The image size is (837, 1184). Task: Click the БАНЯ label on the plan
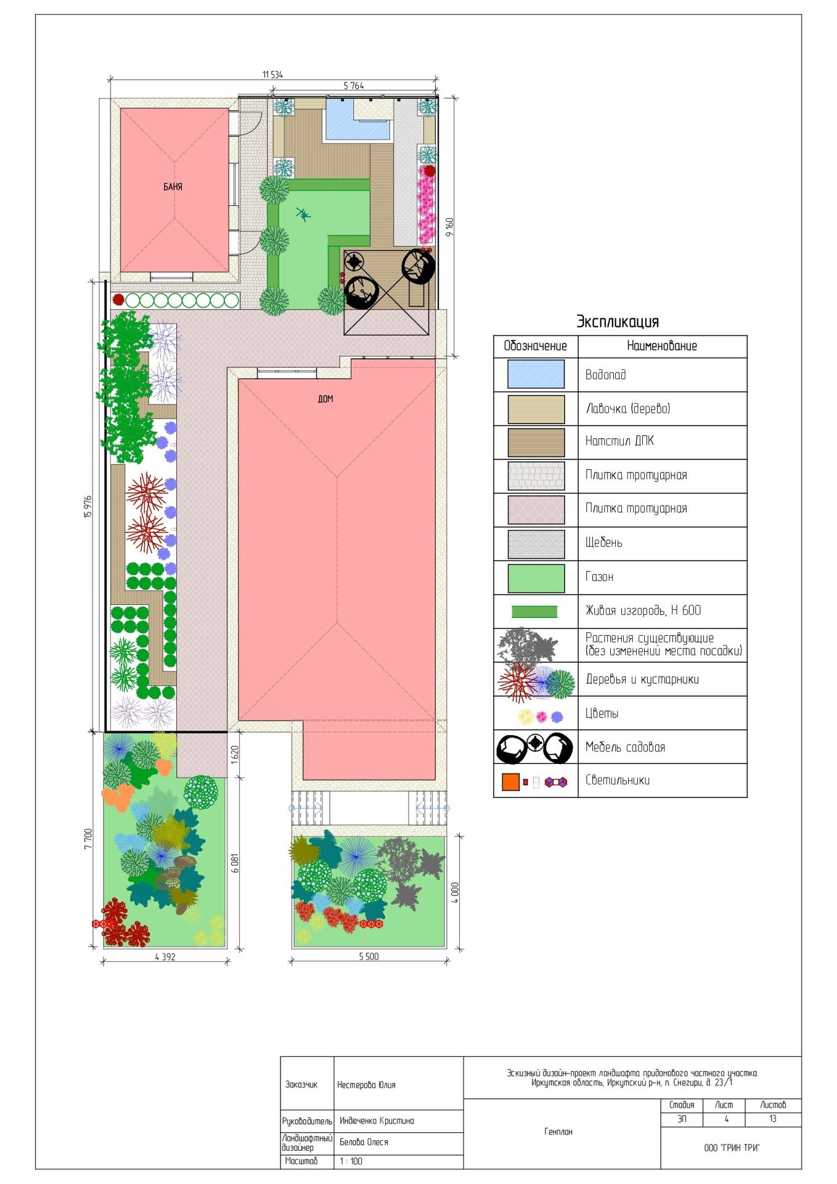173,187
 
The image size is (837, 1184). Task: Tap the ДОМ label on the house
325,399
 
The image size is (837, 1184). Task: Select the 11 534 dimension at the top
272,75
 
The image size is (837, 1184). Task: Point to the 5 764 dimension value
354,86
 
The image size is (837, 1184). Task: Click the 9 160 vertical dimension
450,227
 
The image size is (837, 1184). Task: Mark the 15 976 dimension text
88,507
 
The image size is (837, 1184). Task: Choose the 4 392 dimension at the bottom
165,957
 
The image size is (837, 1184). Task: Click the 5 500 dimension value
369,956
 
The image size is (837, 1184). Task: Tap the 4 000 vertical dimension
455,892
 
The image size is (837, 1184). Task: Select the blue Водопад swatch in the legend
536,374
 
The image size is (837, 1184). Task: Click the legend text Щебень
603,543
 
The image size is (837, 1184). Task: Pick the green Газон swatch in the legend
536,578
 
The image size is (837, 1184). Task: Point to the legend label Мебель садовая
625,747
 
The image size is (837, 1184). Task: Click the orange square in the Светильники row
510,782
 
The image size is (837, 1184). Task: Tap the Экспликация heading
618,321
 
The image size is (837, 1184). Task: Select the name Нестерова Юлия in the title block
366,1085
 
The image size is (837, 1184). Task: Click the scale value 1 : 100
351,1161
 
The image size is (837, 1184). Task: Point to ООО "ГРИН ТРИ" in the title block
732,1148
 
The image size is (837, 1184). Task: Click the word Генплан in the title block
558,1132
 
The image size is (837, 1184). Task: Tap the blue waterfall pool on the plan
357,120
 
